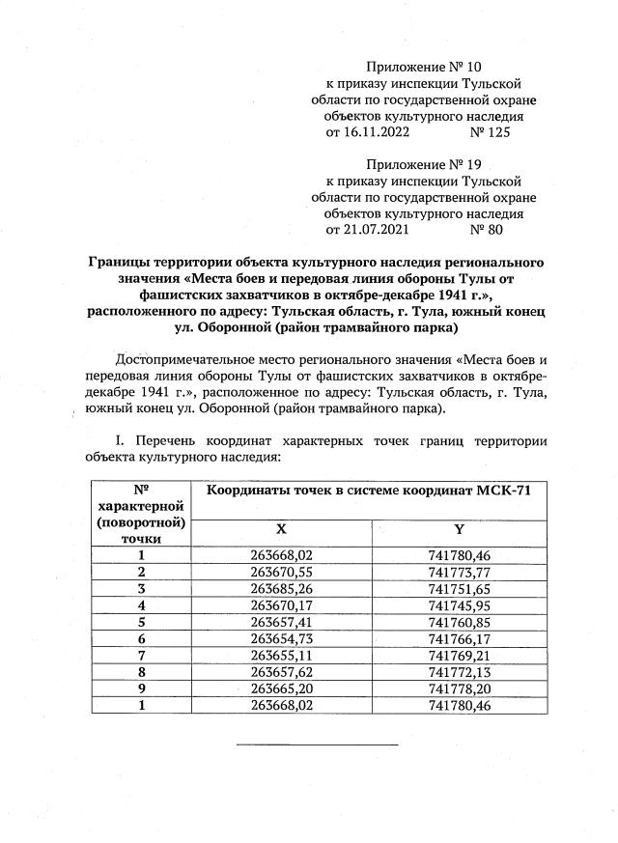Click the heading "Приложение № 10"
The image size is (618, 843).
pos(423,68)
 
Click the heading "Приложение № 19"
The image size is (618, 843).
pos(423,164)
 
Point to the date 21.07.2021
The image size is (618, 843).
pos(368,230)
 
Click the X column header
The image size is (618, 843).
pos(281,529)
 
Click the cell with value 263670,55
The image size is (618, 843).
pos(281,571)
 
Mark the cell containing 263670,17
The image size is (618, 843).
pos(281,604)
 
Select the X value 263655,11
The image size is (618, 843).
pos(281,655)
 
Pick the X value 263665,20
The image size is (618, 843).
pos(281,688)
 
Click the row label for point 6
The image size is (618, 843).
pos(141,638)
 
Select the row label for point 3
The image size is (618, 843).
pos(141,587)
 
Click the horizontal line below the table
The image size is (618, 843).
pos(317,745)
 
